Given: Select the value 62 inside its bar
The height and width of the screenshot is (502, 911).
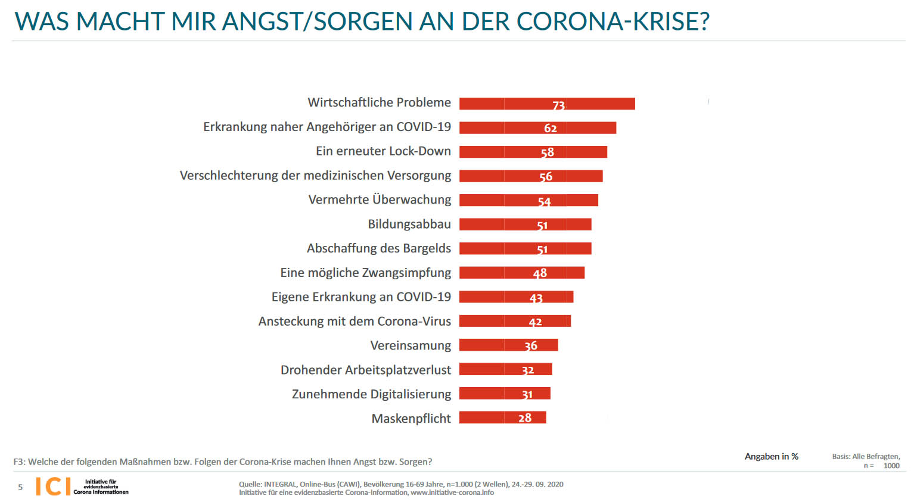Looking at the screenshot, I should [550, 128].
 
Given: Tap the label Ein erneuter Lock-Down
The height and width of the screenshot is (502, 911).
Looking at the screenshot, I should [383, 151].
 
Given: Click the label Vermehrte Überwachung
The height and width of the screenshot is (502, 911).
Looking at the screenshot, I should [380, 199].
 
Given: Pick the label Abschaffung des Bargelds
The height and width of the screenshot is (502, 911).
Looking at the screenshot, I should [378, 248].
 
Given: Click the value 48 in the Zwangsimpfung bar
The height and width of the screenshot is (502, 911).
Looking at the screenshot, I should [540, 273].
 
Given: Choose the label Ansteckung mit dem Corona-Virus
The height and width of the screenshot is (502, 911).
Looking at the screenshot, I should [355, 322].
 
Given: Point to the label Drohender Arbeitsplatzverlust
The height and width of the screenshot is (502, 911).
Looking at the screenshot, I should [366, 370].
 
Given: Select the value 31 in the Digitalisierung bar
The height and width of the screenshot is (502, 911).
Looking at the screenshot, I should [527, 394].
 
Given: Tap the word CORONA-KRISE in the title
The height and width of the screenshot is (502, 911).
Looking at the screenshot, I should [612, 21].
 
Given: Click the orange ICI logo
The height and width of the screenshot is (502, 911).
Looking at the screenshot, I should [53, 487].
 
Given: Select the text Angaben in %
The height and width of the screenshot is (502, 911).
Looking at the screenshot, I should [771, 457].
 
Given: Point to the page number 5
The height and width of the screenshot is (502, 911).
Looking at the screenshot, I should [20, 487].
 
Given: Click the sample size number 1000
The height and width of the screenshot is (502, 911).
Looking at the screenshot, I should [891, 466].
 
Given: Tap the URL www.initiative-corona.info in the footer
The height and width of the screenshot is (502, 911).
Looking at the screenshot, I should [452, 492].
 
